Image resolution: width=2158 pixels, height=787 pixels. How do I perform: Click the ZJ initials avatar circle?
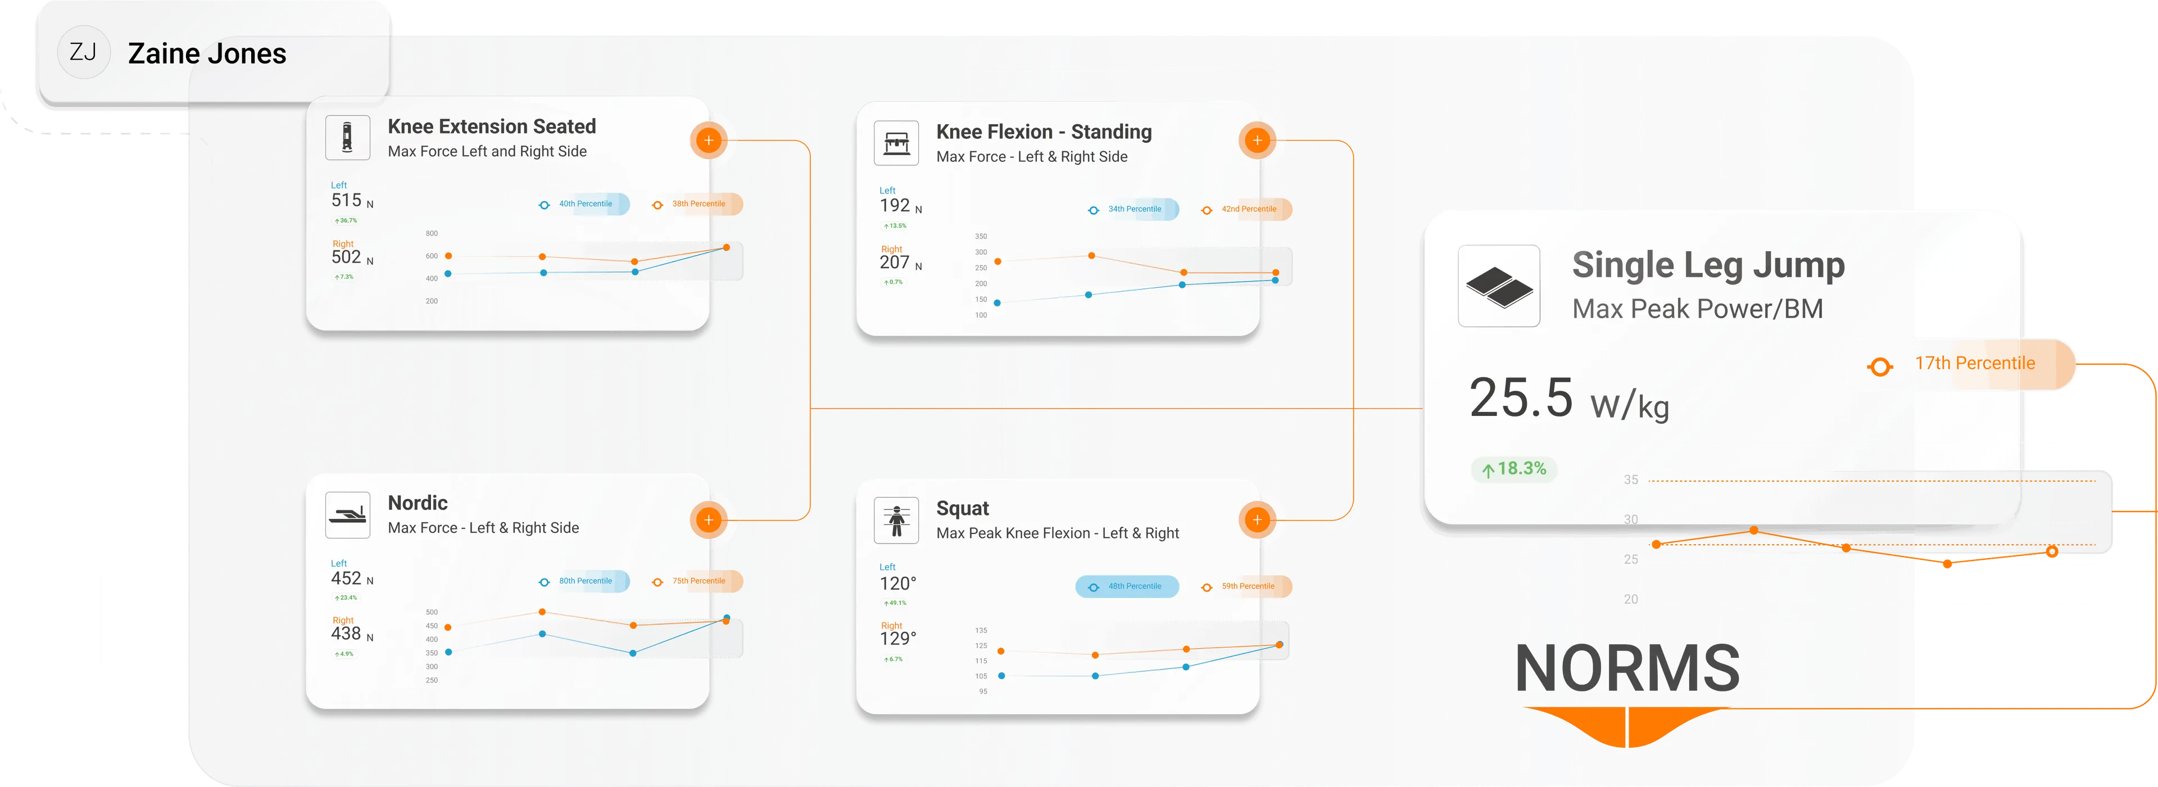(83, 53)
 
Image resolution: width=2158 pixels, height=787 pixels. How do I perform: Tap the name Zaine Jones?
(207, 53)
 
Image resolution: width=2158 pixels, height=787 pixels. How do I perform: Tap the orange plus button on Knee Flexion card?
(1257, 141)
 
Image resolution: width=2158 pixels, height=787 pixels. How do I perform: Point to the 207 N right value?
(900, 263)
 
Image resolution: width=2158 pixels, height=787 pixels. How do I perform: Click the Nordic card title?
(417, 503)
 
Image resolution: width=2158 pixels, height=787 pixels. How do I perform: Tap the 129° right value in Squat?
(898, 639)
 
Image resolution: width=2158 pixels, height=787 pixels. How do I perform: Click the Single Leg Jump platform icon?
(1499, 286)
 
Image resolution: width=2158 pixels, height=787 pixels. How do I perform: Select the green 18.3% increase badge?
(1515, 468)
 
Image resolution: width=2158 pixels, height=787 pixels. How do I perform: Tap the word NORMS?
(1627, 669)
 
